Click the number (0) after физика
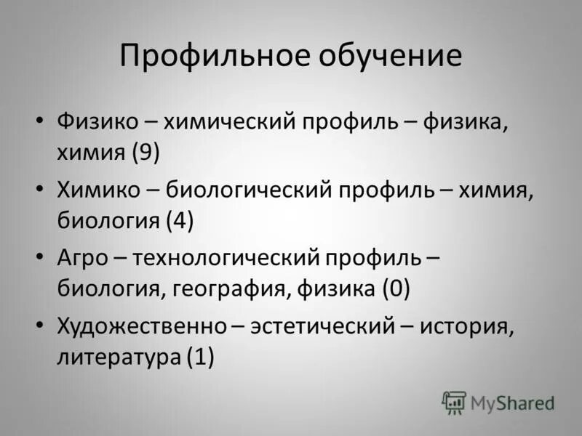(395, 288)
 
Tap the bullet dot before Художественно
(40, 326)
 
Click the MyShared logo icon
(454, 402)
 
